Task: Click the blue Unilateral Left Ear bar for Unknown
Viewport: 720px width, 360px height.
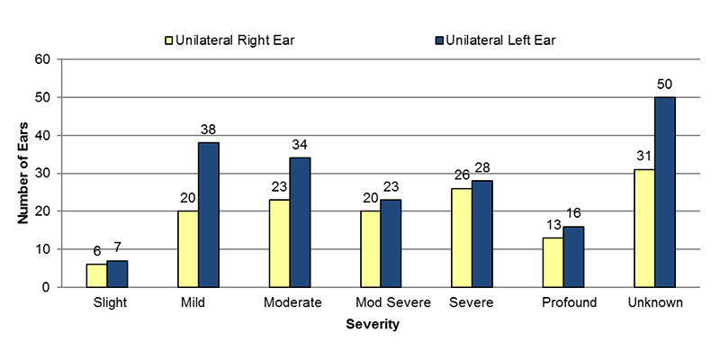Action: (665, 192)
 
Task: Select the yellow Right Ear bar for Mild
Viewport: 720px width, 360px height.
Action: (188, 249)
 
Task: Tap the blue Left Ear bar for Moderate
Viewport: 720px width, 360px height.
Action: (300, 222)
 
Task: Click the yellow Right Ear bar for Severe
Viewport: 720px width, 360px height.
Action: (462, 238)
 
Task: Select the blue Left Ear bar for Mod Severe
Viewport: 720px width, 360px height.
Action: (391, 243)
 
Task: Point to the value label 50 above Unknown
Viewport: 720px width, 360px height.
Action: (665, 85)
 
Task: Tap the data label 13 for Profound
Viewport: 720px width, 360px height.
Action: (553, 225)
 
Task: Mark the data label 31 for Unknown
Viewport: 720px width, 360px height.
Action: (644, 157)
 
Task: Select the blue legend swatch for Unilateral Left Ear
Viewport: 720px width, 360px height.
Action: (439, 40)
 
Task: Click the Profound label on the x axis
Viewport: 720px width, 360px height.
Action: (570, 302)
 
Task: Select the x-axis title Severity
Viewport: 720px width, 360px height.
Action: (373, 325)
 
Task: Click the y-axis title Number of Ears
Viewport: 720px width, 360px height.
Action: (24, 172)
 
